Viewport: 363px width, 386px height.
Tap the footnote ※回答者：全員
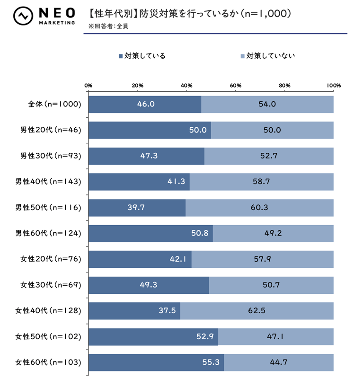coord(108,26)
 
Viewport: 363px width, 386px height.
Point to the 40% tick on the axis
coord(186,85)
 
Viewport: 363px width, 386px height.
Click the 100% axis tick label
coord(334,85)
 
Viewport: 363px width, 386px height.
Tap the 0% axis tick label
coord(88,85)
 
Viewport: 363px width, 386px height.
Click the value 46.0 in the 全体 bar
coord(146,104)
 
